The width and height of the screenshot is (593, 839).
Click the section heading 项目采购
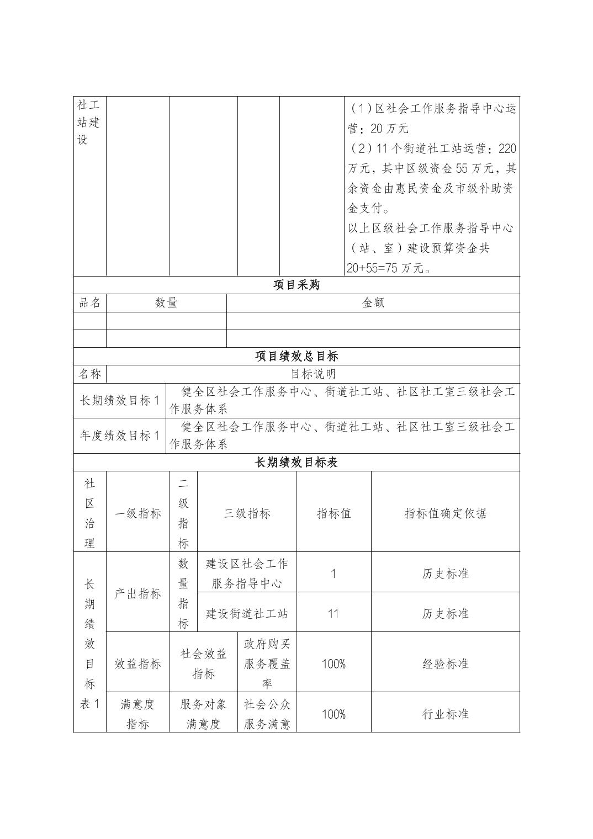(x=296, y=285)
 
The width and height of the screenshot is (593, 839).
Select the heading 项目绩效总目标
(x=296, y=356)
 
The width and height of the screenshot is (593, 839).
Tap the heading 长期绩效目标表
(x=296, y=463)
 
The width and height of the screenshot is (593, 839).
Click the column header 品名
(x=90, y=302)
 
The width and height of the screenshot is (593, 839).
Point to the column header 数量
(x=166, y=302)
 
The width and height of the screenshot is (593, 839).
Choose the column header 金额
(x=373, y=302)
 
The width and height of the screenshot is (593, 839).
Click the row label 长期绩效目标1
(x=120, y=400)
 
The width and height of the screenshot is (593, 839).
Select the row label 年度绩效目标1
(x=120, y=436)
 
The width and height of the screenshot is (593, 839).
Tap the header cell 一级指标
(x=137, y=513)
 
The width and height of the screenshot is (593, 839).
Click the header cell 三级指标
(x=247, y=513)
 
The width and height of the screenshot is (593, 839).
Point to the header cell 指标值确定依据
(x=445, y=513)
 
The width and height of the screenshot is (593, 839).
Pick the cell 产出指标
(x=137, y=593)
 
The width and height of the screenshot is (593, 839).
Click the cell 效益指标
(x=137, y=663)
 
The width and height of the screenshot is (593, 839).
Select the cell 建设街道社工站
(x=247, y=613)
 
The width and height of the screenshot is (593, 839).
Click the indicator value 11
(x=333, y=613)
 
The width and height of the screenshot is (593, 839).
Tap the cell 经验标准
(x=445, y=663)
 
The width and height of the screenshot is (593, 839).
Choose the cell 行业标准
(x=445, y=714)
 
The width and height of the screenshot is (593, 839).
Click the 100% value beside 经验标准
(x=333, y=663)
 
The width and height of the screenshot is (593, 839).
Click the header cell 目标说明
(x=313, y=374)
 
